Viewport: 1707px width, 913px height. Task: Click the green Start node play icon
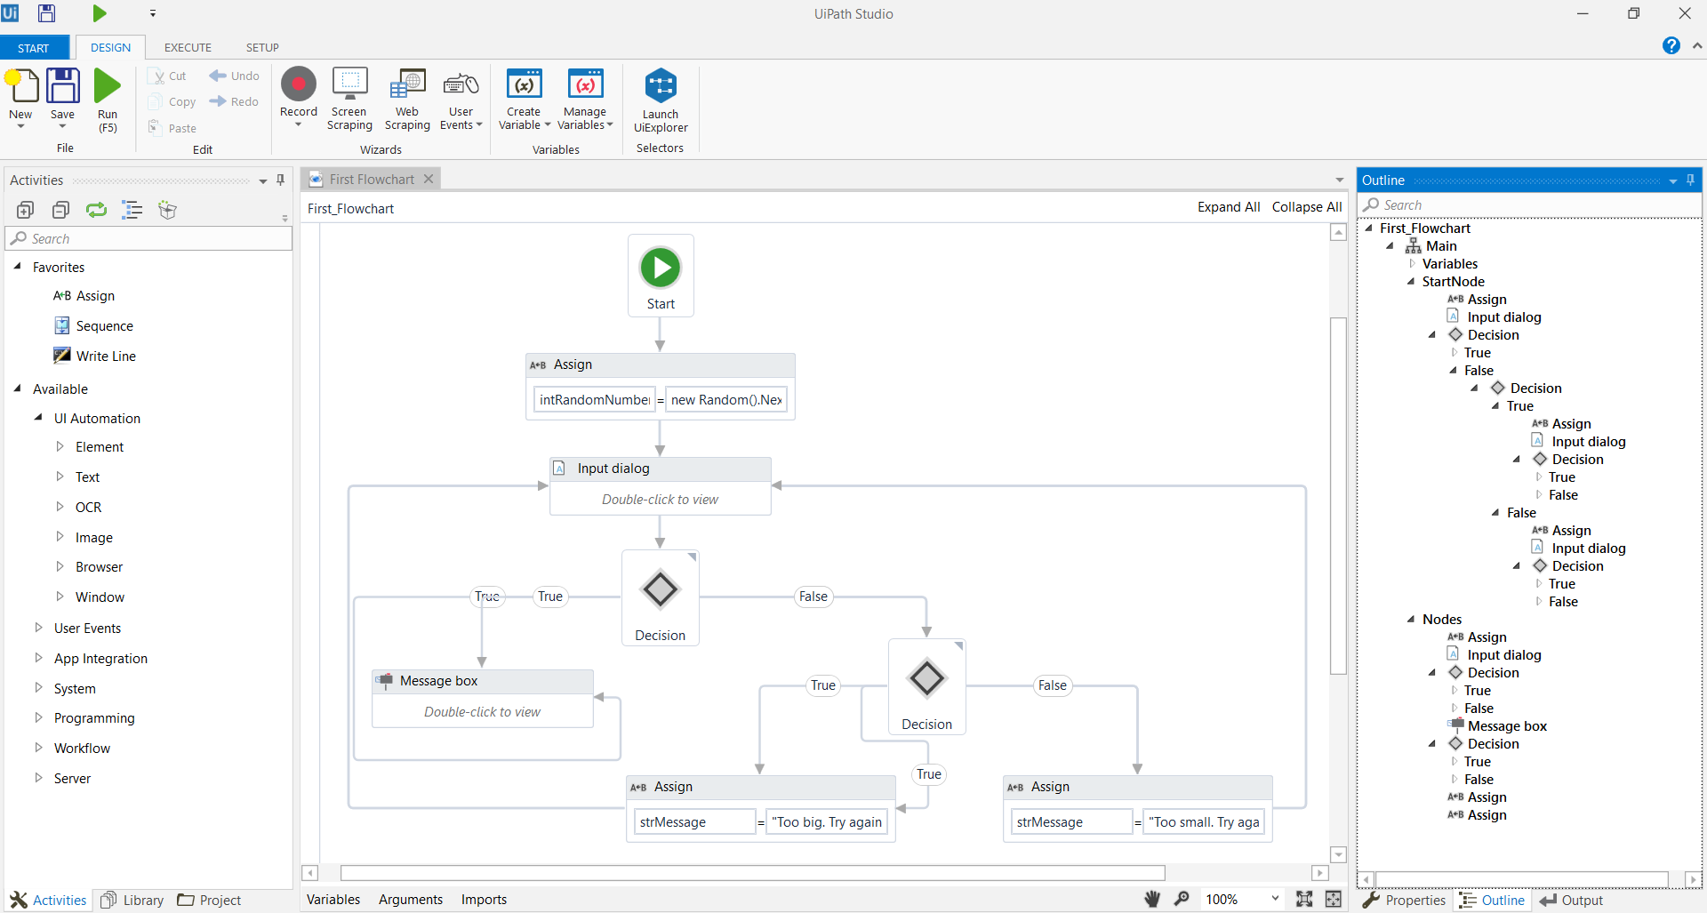click(661, 267)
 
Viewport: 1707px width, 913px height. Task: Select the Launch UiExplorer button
click(661, 100)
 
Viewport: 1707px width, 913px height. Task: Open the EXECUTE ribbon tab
click(188, 47)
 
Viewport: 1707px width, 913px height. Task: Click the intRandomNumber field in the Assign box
click(594, 400)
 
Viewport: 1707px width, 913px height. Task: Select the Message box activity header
click(483, 681)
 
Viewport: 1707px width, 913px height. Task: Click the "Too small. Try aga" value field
click(1205, 822)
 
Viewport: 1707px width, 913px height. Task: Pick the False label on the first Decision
click(813, 597)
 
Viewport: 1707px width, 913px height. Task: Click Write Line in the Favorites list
click(106, 356)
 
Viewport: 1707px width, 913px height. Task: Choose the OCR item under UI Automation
click(88, 508)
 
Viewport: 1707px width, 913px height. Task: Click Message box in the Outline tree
click(1507, 726)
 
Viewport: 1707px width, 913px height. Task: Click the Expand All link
click(1229, 207)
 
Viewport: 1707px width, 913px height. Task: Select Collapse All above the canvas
click(1306, 207)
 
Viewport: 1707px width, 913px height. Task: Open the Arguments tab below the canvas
click(410, 900)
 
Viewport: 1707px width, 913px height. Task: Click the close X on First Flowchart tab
click(429, 179)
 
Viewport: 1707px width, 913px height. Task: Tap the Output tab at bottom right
click(1582, 901)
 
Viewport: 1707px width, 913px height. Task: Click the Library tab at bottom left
click(142, 901)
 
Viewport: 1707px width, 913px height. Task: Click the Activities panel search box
click(151, 239)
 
